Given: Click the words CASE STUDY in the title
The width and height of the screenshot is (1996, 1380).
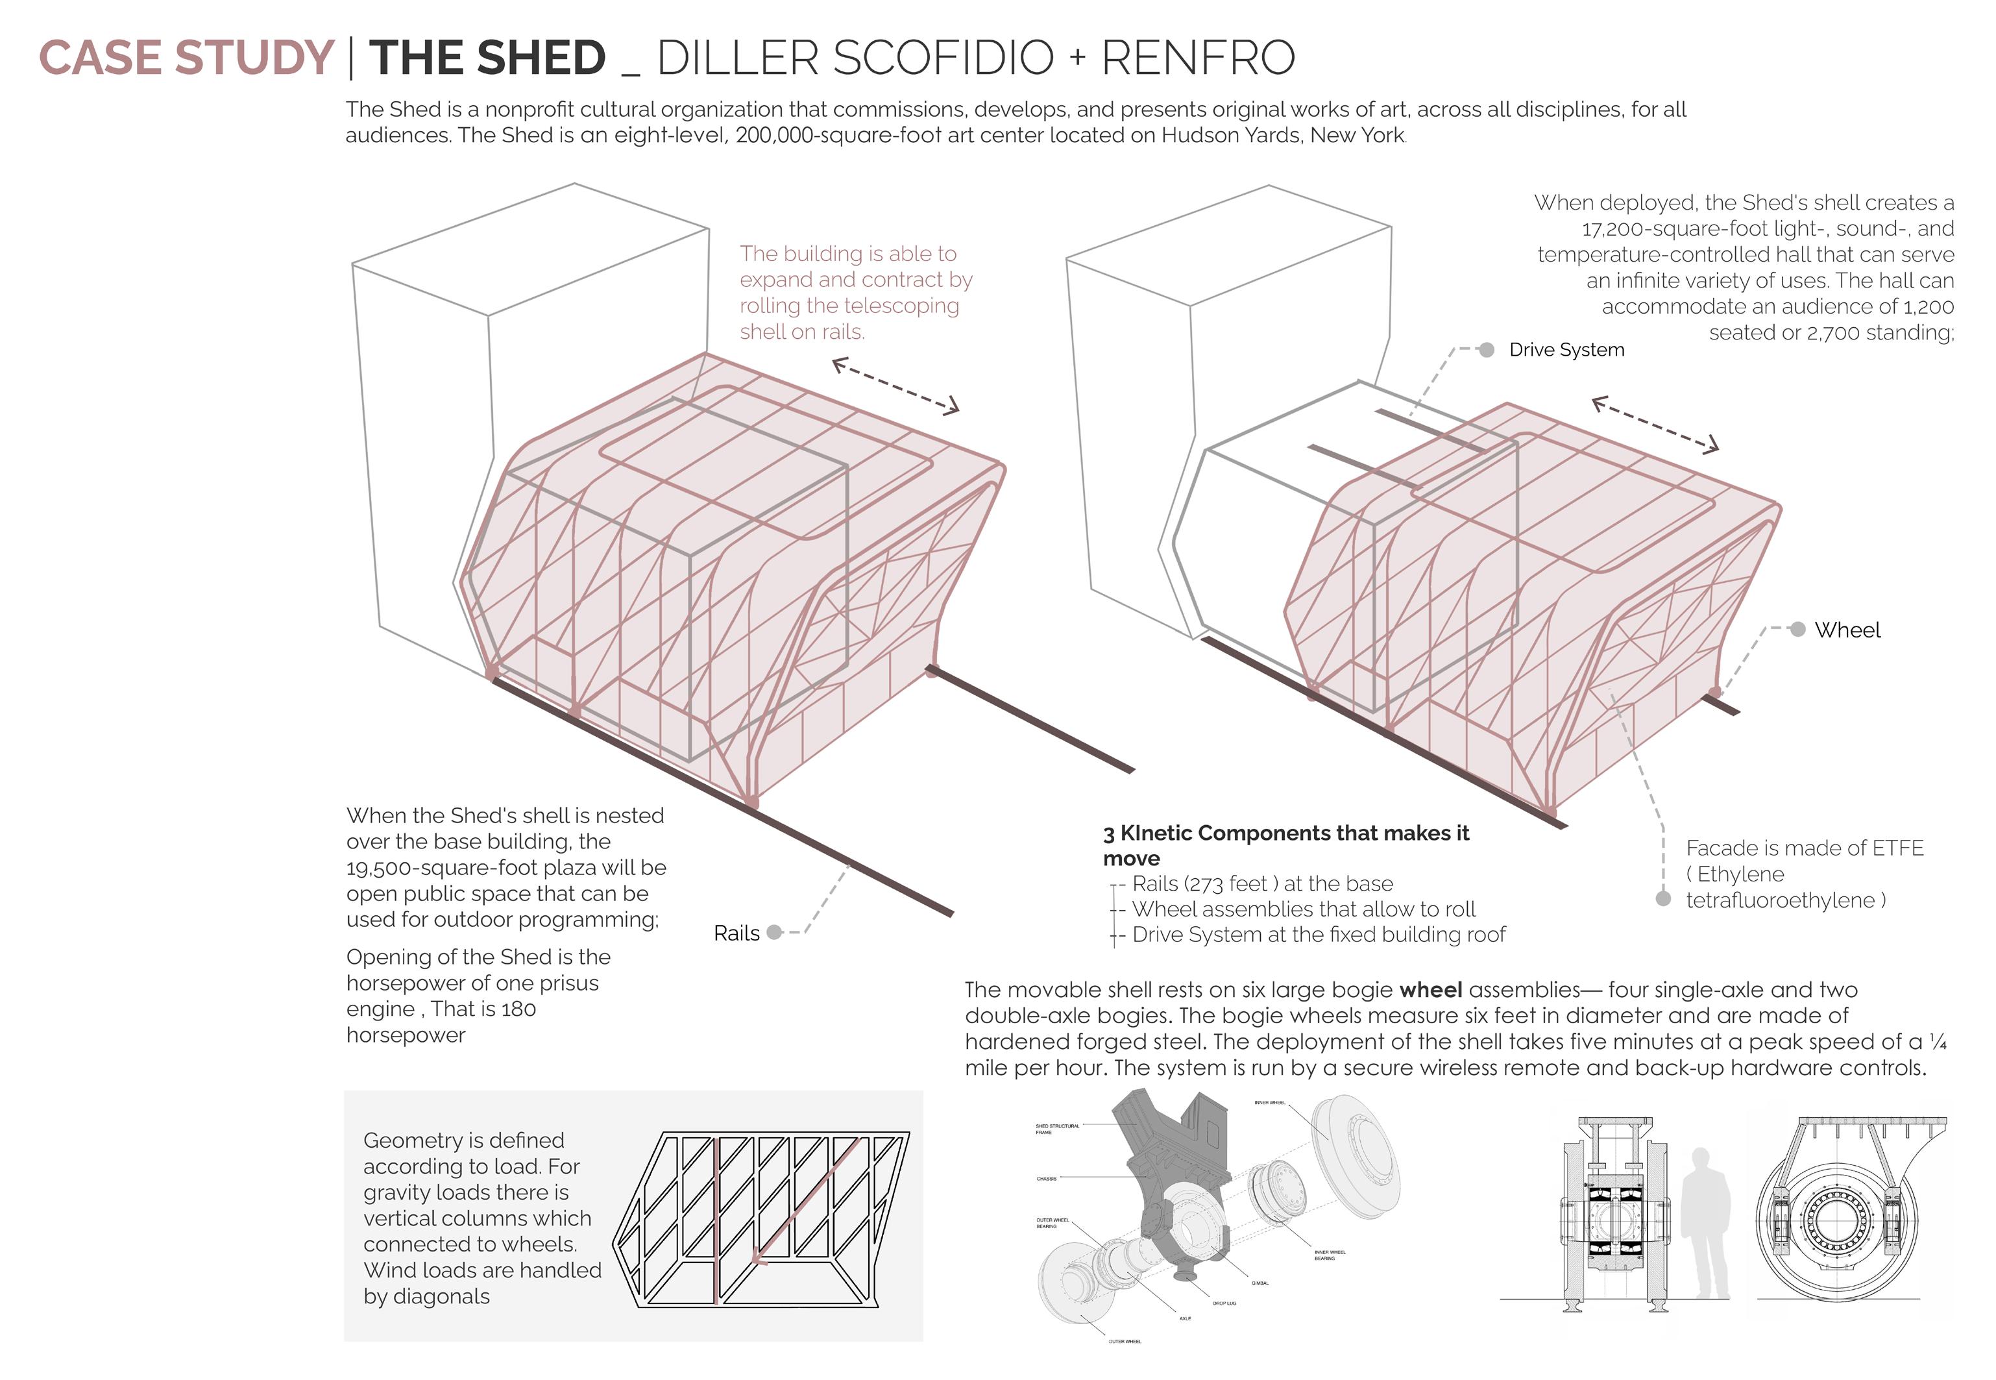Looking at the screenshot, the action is tap(186, 58).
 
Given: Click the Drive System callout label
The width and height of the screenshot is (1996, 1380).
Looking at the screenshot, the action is tap(1566, 349).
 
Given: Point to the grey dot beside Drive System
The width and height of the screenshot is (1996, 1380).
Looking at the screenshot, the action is tap(1486, 349).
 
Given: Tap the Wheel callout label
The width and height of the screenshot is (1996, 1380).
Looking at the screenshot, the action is tap(1847, 630).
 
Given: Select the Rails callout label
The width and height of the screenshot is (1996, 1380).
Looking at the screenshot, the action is tap(736, 933).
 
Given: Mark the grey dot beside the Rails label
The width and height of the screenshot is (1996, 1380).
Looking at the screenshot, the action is tap(775, 931).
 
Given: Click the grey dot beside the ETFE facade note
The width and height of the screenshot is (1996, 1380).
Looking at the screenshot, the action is tap(1662, 898).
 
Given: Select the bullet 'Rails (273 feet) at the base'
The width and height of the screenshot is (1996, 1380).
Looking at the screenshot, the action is tap(1262, 883).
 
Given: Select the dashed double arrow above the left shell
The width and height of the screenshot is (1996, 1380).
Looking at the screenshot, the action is tap(895, 386).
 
